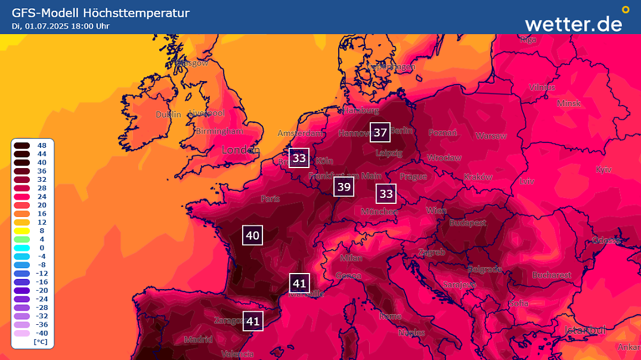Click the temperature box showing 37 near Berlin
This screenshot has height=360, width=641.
coord(380,132)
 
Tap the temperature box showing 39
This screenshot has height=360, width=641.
coord(343,187)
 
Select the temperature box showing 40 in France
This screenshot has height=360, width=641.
coord(252,235)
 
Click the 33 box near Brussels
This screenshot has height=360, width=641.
coord(299,158)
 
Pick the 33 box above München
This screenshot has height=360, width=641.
coord(386,194)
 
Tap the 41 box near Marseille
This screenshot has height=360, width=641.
coord(299,283)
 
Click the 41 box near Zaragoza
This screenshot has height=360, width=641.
coord(253,321)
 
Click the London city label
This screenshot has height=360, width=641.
coord(240,150)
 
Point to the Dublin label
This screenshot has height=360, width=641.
coord(168,114)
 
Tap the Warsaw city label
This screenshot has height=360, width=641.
coord(491,136)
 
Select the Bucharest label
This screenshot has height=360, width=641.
coord(552,275)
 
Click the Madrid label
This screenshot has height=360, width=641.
coord(198,340)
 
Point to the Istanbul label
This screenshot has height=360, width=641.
coord(585,330)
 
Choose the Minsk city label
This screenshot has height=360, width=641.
coord(568,103)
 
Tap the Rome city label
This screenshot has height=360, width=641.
coord(391,316)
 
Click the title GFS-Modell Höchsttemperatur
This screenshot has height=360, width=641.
coord(101,13)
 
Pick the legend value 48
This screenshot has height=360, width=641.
coord(42,145)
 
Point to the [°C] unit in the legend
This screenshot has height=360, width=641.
coord(41,342)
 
